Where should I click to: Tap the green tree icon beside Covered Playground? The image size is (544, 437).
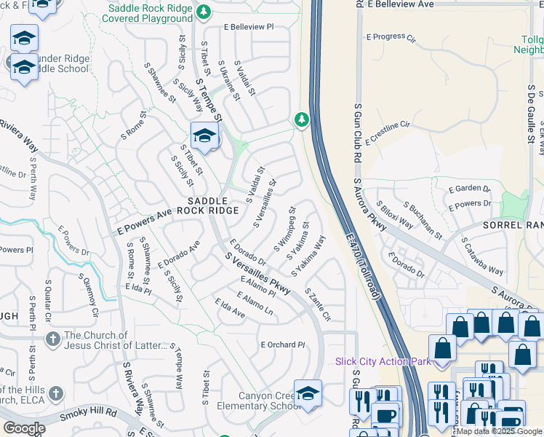(x=204, y=12)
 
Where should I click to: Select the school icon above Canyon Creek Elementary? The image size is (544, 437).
(x=308, y=392)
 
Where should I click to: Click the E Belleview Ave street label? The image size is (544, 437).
(x=401, y=4)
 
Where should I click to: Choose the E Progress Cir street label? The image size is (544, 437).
(x=391, y=36)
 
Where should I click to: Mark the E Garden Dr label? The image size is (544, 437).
(x=471, y=188)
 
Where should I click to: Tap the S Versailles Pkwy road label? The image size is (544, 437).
(x=257, y=274)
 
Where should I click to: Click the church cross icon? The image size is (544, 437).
(x=52, y=339)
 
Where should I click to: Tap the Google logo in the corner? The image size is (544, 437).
(x=24, y=428)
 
